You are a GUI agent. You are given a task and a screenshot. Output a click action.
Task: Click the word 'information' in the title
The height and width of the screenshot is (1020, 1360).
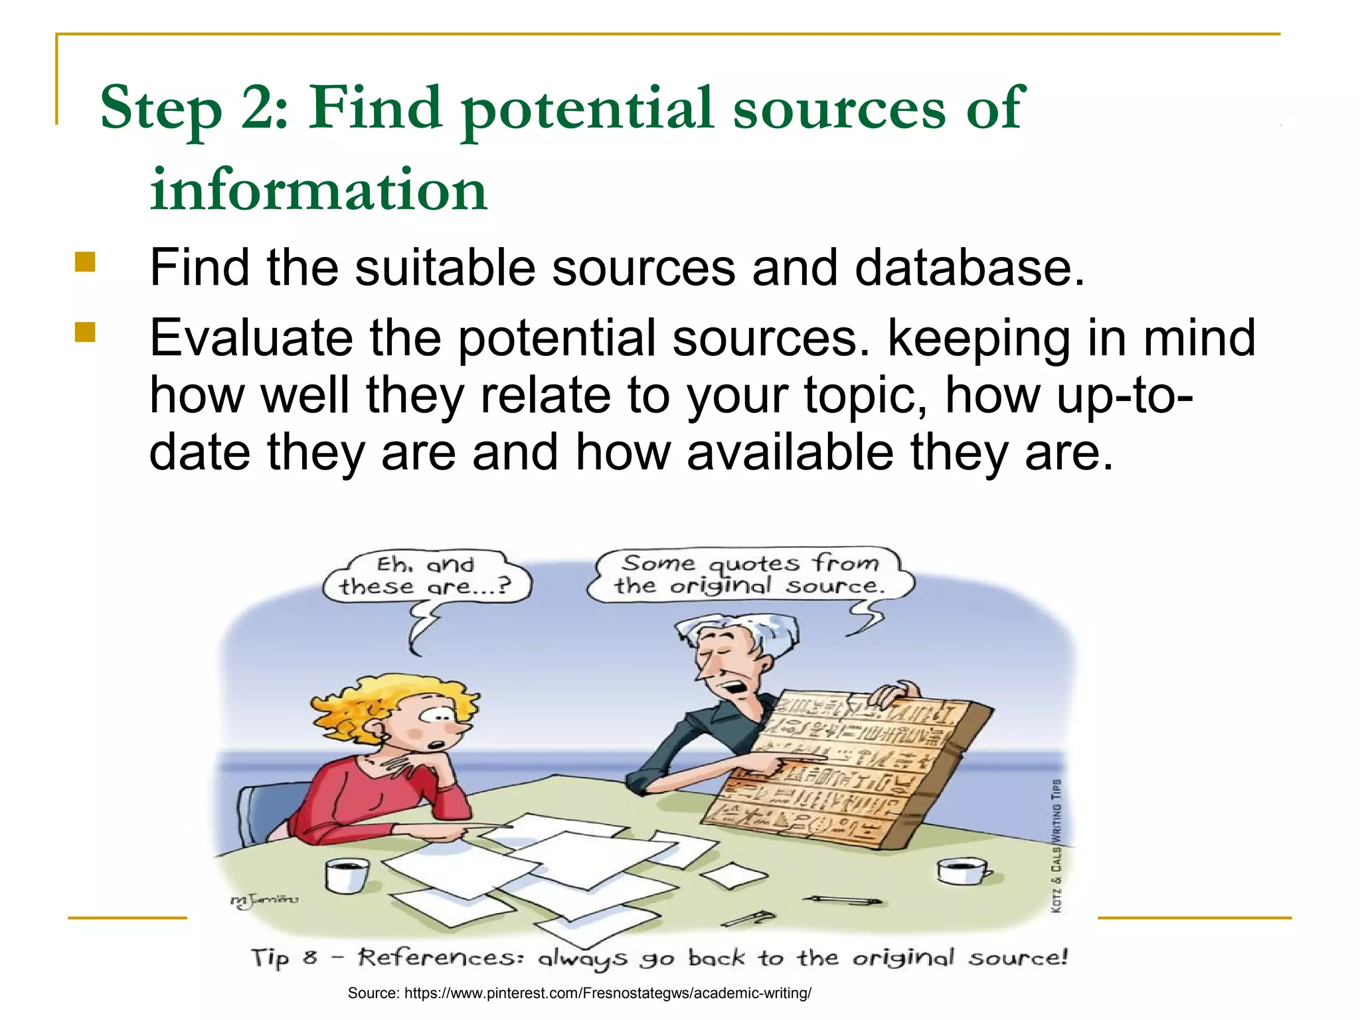coord(319,190)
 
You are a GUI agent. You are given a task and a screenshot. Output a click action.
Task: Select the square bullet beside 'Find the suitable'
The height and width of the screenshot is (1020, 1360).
coord(85,262)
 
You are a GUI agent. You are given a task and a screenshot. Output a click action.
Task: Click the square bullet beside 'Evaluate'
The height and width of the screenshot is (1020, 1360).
coord(85,332)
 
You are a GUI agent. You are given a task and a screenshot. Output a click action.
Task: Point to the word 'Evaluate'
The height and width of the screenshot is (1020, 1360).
coord(251,338)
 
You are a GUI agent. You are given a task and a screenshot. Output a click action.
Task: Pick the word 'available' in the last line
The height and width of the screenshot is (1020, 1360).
coord(790,452)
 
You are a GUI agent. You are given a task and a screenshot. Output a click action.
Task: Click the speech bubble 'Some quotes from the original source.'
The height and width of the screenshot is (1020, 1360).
coord(750,574)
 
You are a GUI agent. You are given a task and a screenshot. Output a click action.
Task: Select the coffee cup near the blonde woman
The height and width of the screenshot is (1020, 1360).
coord(347,875)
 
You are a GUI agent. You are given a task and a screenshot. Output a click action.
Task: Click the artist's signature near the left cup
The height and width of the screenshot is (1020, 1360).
coord(264,900)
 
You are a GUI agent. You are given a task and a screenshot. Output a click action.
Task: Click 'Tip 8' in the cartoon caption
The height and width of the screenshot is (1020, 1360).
coord(284,958)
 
